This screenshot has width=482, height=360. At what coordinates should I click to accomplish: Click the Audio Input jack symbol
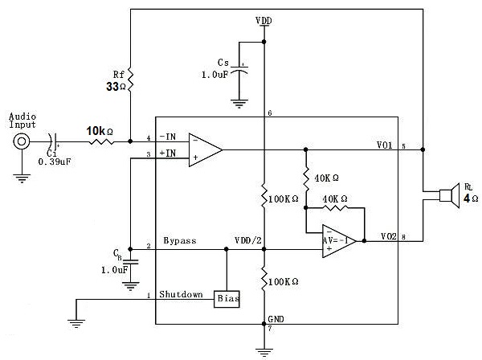(21, 143)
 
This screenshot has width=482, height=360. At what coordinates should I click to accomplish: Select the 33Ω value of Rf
(116, 86)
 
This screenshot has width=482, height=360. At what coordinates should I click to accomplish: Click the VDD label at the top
(263, 19)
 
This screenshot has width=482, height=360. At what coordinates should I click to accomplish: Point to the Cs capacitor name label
(225, 62)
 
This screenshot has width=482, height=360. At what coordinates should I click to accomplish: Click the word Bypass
(180, 240)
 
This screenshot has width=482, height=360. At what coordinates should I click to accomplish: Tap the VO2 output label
(388, 235)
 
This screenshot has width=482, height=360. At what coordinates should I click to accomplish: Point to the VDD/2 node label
(246, 240)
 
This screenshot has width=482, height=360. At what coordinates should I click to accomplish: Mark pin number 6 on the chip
(270, 112)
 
